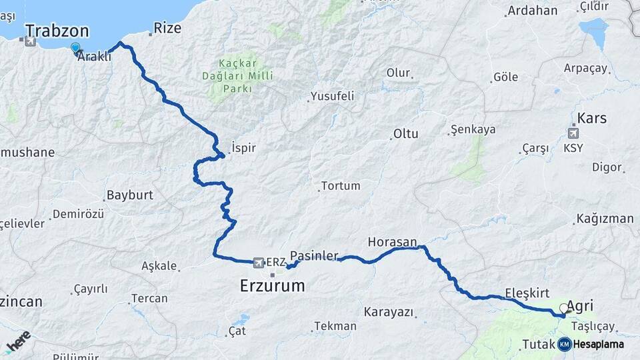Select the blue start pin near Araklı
(x=75, y=48)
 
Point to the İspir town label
(x=243, y=147)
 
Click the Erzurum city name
(x=272, y=286)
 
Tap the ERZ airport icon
(x=259, y=261)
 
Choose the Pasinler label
(x=315, y=255)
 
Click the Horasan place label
(x=392, y=241)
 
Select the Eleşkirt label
(x=527, y=291)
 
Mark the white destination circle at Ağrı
(x=564, y=309)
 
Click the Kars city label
(x=592, y=118)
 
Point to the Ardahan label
(x=532, y=10)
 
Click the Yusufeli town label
(x=331, y=96)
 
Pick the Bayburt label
(x=129, y=195)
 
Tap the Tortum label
(x=340, y=186)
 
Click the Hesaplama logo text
(x=599, y=344)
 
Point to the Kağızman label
(x=605, y=219)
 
